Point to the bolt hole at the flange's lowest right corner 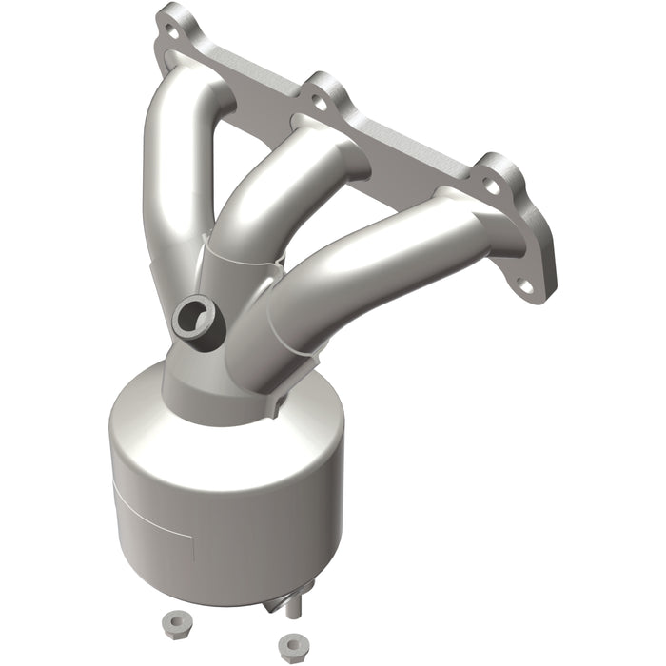pyautogui.click(x=524, y=283)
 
